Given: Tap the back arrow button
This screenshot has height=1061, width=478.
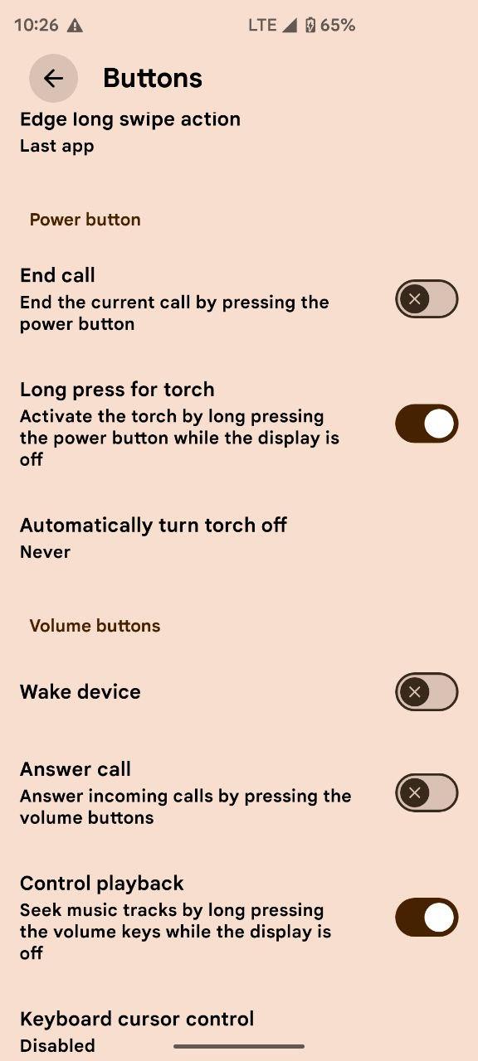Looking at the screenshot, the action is [54, 78].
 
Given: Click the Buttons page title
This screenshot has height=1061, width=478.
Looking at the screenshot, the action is [153, 78].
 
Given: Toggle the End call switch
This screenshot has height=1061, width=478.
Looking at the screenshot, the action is [427, 299].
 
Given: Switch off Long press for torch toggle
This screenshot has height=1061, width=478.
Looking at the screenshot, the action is [427, 424].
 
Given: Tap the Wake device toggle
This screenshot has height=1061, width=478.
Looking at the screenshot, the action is [427, 691].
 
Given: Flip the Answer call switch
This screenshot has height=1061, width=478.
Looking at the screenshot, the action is [427, 792].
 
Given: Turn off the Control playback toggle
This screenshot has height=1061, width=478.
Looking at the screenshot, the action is [427, 918].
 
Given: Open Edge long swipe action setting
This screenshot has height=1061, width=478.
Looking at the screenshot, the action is [130, 119].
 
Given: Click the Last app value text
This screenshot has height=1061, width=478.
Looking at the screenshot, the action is [57, 146].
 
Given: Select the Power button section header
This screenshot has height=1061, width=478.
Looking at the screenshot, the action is [85, 220].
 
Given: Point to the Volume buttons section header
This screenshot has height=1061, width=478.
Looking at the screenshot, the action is [95, 626].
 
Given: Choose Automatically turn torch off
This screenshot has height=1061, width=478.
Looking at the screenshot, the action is [154, 526].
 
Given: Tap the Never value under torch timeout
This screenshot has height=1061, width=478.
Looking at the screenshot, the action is [45, 552].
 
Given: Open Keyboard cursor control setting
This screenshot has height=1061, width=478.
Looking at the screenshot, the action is [137, 1019].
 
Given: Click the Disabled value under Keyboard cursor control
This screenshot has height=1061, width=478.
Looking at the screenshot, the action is [57, 1045].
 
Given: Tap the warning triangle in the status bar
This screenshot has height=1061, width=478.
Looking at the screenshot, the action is [75, 25].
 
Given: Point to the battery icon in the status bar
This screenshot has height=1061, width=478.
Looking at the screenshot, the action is [310, 25].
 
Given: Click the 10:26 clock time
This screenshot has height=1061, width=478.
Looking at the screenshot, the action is [37, 25].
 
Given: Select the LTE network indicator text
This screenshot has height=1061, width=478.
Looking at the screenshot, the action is [262, 25].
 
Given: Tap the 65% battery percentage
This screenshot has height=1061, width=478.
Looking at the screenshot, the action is [338, 25].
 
